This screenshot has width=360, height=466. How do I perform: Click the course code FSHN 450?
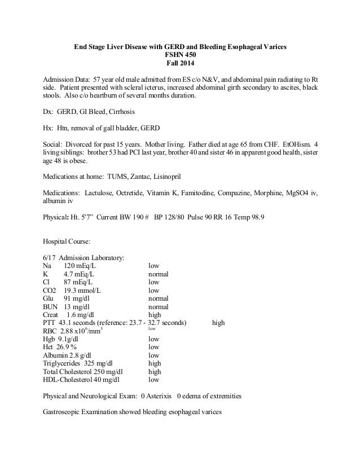click(x=181, y=55)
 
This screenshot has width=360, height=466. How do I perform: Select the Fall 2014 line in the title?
click(x=181, y=64)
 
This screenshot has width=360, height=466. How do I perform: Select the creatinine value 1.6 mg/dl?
click(x=80, y=314)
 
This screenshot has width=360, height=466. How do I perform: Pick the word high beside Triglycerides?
click(x=155, y=363)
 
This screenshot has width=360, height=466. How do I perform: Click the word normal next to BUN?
click(x=159, y=306)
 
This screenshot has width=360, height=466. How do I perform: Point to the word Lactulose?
click(x=100, y=192)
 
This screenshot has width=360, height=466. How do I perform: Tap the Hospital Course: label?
click(x=67, y=241)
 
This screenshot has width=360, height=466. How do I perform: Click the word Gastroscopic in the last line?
click(x=65, y=412)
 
